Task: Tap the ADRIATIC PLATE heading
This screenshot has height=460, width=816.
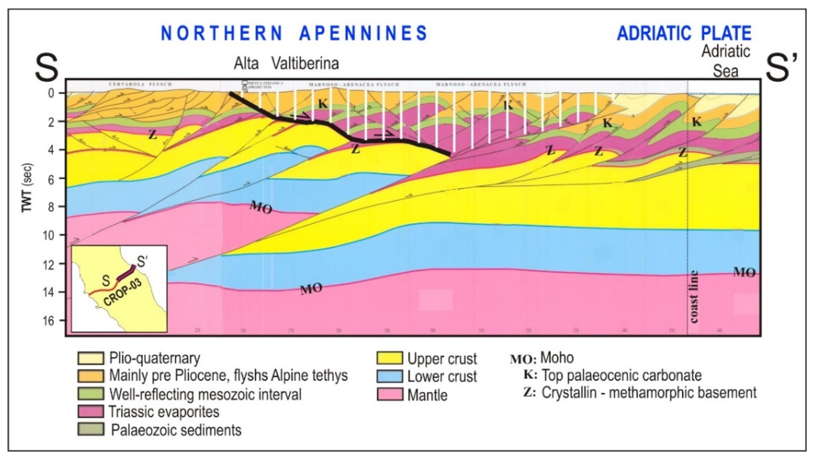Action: click(684, 33)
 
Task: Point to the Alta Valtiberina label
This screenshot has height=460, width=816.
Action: click(286, 64)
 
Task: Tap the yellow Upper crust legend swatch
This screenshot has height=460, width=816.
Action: click(390, 358)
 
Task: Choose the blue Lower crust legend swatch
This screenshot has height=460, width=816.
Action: click(390, 376)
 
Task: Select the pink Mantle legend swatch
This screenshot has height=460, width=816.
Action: click(390, 395)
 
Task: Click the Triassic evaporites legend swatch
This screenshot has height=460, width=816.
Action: click(91, 412)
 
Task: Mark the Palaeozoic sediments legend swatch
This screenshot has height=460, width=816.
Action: click(91, 430)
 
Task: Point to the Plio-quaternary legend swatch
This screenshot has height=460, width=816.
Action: click(91, 358)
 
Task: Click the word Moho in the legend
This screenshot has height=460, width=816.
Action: click(557, 358)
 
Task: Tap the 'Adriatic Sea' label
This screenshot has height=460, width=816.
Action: click(725, 61)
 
